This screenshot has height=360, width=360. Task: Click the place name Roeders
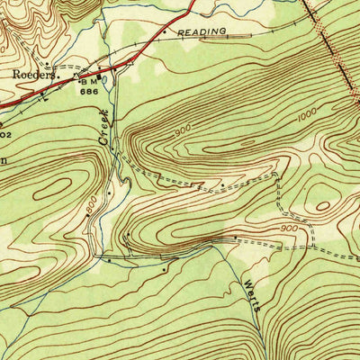pyautogui.click(x=34, y=76)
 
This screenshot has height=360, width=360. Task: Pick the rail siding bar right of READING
pyautogui.click(x=238, y=35)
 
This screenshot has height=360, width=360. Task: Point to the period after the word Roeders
pyautogui.click(x=58, y=78)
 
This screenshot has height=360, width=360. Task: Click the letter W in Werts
pyautogui.click(x=245, y=282)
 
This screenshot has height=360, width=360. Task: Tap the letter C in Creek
pyautogui.click(x=106, y=143)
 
